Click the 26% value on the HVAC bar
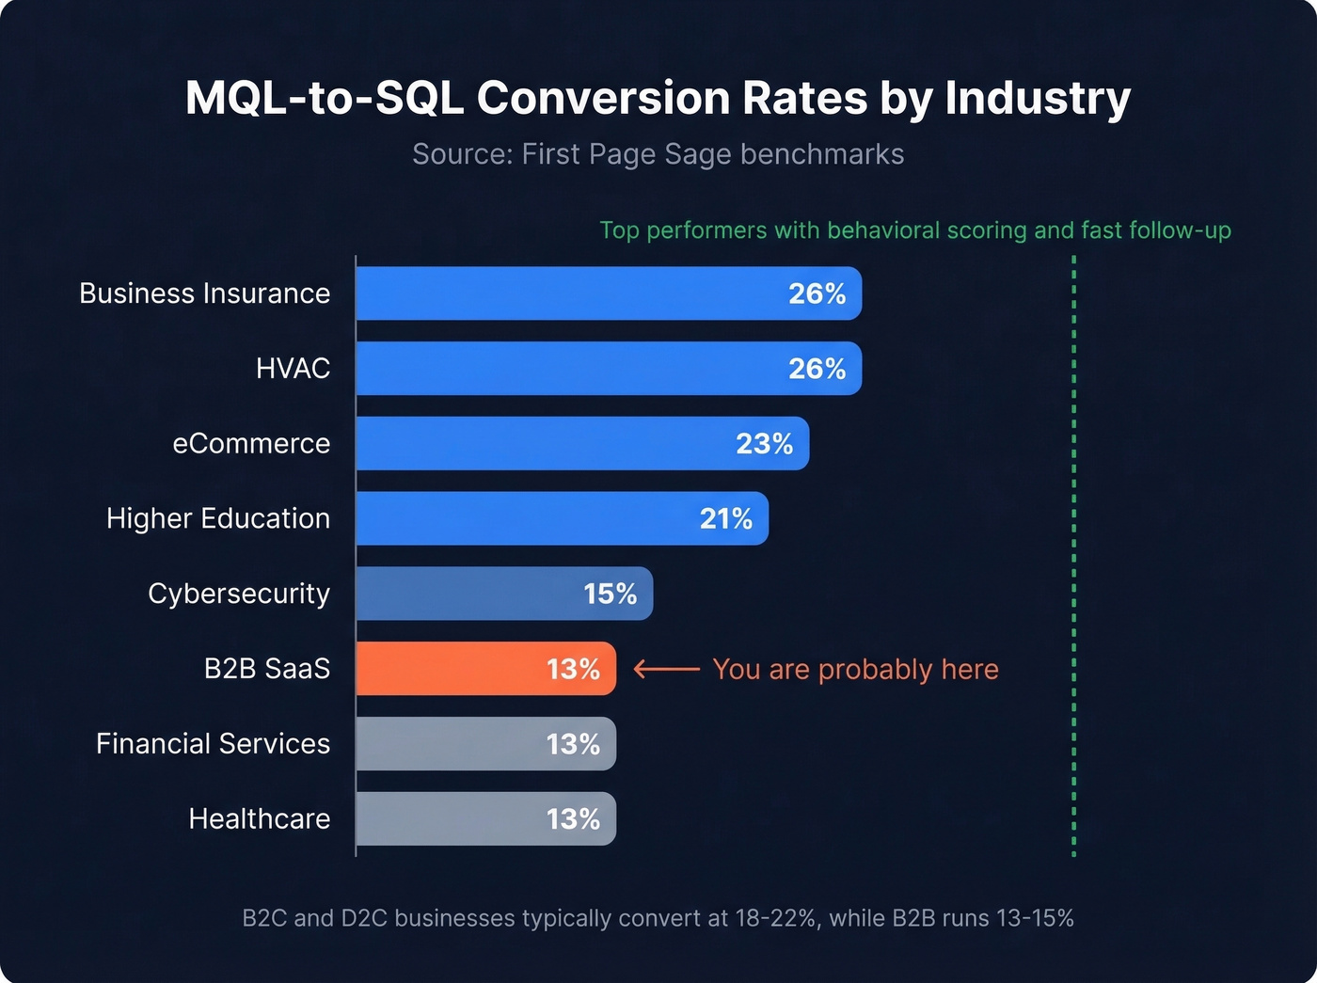[817, 369]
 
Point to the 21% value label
[725, 518]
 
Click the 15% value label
[610, 594]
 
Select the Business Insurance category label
[204, 293]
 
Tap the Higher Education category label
[217, 518]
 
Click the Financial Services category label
[213, 743]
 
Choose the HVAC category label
[293, 369]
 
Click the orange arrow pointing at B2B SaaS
[666, 669]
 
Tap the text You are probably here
[855, 669]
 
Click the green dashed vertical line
[1073, 564]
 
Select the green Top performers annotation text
[914, 230]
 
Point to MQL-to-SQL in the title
[325, 98]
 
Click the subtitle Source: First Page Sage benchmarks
[658, 154]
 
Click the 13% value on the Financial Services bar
[573, 744]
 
